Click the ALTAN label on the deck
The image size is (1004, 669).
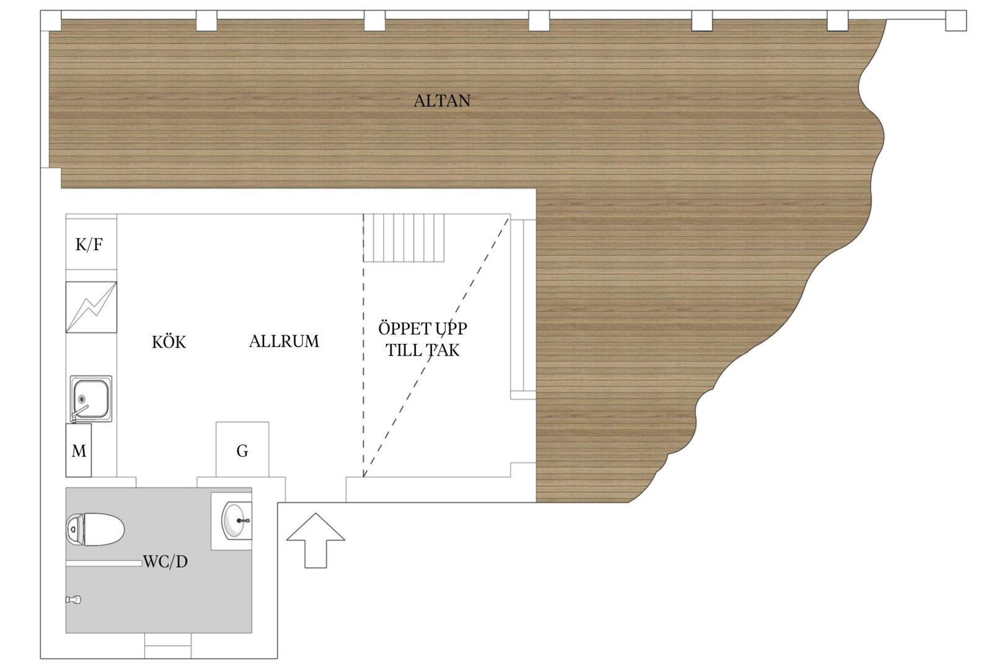pyautogui.click(x=442, y=101)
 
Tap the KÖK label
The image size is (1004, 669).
pyautogui.click(x=169, y=342)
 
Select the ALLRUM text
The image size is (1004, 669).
pyautogui.click(x=284, y=341)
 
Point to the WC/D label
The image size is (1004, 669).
pyautogui.click(x=165, y=561)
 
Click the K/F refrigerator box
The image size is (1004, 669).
pyautogui.click(x=92, y=244)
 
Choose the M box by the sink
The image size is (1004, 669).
pyautogui.click(x=79, y=450)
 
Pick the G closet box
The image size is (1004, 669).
pyautogui.click(x=242, y=450)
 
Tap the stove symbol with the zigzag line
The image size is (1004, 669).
pyautogui.click(x=92, y=307)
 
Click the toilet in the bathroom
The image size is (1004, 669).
pyautogui.click(x=95, y=529)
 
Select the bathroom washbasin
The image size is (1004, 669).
pyautogui.click(x=236, y=521)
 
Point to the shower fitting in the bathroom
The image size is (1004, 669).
pyautogui.click(x=74, y=600)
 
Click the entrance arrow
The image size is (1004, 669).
pyautogui.click(x=315, y=540)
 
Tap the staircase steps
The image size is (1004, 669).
pyautogui.click(x=403, y=238)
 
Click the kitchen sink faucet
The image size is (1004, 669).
pyautogui.click(x=79, y=413)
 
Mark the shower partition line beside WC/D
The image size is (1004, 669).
pyautogui.click(x=104, y=563)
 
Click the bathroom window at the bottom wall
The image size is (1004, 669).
pyautogui.click(x=167, y=645)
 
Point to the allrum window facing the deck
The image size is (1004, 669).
pyautogui.click(x=523, y=309)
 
